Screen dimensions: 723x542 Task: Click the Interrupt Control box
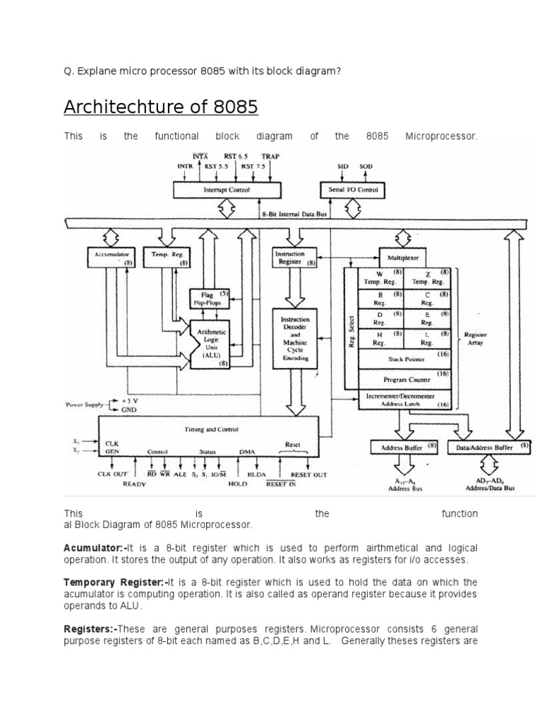tap(227, 189)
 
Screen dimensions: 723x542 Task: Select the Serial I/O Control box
tap(353, 189)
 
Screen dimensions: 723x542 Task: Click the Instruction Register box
tap(294, 258)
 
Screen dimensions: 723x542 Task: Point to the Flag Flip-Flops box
tap(207, 298)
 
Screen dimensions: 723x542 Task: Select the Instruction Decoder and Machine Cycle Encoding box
tap(295, 338)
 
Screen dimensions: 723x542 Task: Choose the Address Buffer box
tap(403, 448)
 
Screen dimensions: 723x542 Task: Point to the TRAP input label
tap(270, 156)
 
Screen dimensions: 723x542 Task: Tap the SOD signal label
tap(366, 167)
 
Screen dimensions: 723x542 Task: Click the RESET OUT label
tap(308, 475)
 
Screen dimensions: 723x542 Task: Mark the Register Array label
tap(475, 339)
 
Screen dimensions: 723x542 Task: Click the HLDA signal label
tap(256, 475)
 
